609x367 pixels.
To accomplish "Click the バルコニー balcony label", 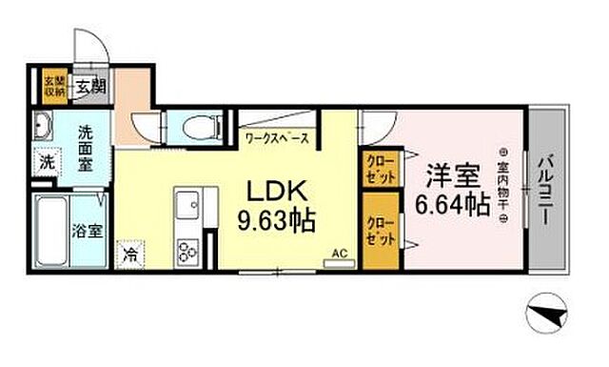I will (x=546, y=188).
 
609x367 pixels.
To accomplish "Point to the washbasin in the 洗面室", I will (x=44, y=125).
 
